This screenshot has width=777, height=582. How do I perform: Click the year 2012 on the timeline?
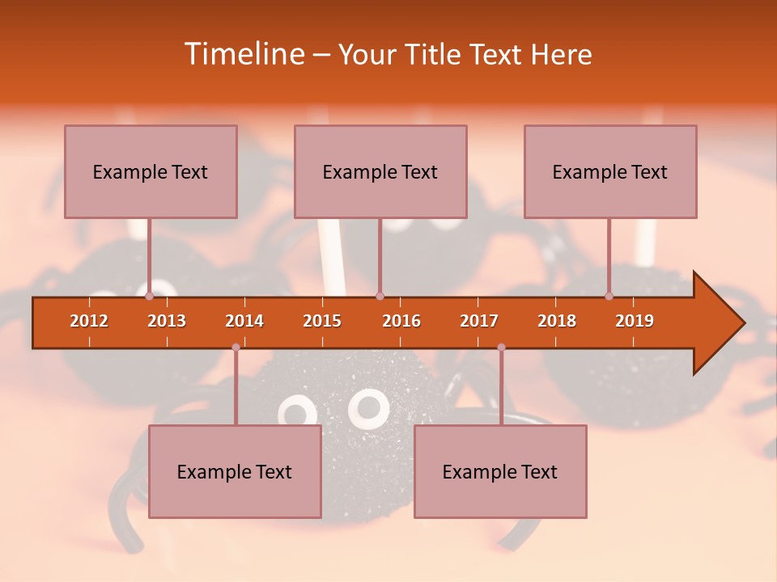(89, 321)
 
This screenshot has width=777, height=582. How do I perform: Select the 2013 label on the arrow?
(167, 321)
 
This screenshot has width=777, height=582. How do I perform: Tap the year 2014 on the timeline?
(244, 321)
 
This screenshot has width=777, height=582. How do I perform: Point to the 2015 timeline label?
(322, 321)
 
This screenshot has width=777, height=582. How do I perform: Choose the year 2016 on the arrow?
(401, 321)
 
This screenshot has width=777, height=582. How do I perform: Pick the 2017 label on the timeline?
(479, 321)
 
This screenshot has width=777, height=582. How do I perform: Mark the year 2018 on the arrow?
(557, 321)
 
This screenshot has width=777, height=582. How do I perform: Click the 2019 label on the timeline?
(635, 321)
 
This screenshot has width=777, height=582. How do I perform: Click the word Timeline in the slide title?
(243, 54)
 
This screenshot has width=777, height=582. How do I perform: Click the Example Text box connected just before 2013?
(151, 171)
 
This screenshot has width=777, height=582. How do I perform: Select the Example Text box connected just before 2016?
(380, 171)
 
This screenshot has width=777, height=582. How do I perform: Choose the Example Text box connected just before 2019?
(610, 171)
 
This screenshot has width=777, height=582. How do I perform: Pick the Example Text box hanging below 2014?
(235, 471)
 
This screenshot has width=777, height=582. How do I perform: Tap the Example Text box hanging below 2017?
(500, 471)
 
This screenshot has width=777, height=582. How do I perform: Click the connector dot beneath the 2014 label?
(236, 348)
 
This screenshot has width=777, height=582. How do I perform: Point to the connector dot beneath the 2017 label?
(501, 348)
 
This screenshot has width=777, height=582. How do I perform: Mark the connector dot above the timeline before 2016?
(380, 296)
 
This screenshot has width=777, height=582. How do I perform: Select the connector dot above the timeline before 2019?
(609, 296)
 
